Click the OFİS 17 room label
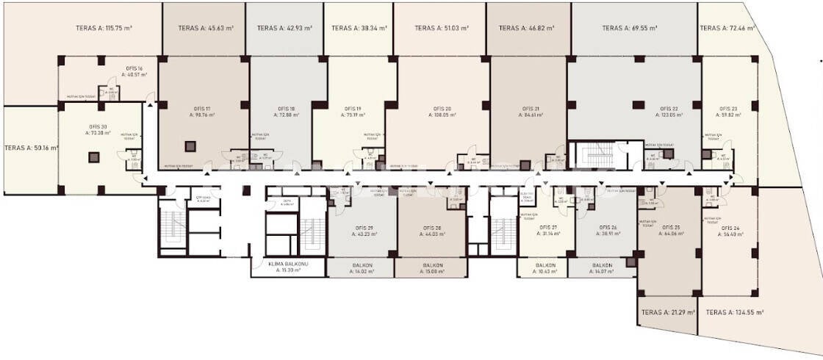tap(202, 112)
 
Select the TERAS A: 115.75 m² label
tap(104, 29)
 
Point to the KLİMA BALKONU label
tap(287, 267)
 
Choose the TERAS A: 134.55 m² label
tap(734, 312)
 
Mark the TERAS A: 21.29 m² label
tap(666, 312)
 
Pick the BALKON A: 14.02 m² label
tap(360, 268)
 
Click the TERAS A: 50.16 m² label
tap(31, 148)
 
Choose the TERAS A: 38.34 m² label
tap(359, 29)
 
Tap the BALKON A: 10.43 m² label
tap(545, 268)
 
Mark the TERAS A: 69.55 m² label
tap(629, 29)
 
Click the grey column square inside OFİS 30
tap(94, 156)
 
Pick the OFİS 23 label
tap(730, 112)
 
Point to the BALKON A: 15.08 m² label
tap(431, 268)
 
